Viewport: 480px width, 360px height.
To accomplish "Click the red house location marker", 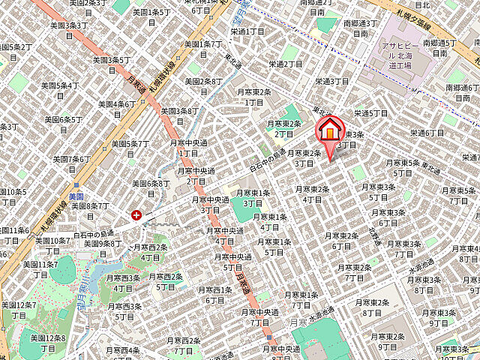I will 328,132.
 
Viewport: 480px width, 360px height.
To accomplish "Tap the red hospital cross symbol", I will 136,215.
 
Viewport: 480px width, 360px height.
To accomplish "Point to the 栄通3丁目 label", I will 332,81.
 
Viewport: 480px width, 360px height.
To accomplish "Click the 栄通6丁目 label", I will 430,132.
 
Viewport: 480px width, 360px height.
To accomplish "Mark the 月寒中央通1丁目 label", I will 189,147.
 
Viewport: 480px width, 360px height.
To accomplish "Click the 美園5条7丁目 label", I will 130,148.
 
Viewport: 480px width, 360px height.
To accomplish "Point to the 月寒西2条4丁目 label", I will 150,251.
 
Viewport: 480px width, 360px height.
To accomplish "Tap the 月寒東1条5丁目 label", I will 274,247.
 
